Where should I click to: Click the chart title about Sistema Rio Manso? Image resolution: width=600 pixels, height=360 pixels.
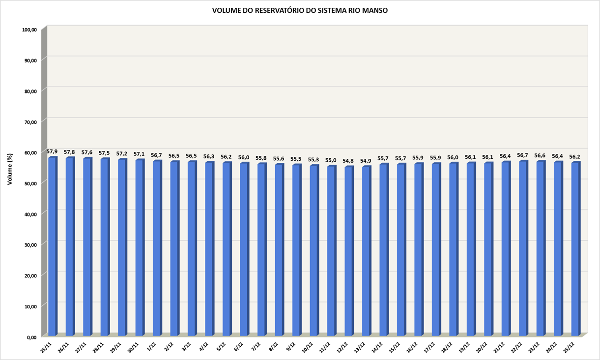click(x=300, y=10)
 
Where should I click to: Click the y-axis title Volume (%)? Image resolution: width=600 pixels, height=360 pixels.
click(x=10, y=169)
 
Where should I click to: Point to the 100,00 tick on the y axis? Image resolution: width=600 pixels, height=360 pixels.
click(x=29, y=30)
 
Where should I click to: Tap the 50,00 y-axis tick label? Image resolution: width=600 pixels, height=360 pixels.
click(x=29, y=183)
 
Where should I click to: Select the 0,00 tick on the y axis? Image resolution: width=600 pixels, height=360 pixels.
click(x=31, y=337)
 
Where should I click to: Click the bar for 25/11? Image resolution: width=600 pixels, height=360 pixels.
click(x=52, y=246)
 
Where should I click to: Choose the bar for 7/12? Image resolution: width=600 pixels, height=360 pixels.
click(x=261, y=249)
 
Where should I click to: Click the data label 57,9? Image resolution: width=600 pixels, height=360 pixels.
click(x=52, y=151)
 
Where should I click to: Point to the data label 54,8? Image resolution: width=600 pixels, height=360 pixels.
click(x=348, y=161)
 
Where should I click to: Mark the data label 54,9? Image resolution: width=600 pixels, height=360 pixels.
click(x=366, y=161)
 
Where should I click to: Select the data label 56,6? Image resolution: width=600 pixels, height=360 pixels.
click(x=540, y=155)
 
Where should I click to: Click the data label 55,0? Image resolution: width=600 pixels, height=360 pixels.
click(x=331, y=160)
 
